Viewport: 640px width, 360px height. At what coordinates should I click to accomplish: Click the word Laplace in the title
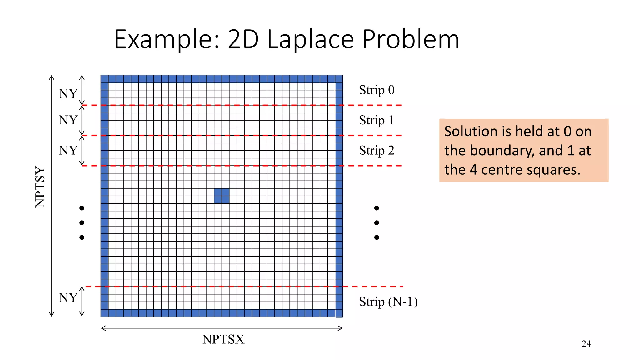[310, 39]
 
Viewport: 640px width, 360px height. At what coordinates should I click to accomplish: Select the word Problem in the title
[411, 39]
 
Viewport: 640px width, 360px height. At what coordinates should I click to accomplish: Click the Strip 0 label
[377, 90]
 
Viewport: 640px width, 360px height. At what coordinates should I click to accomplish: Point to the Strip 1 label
[376, 120]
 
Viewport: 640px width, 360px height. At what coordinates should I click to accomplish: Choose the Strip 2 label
[377, 151]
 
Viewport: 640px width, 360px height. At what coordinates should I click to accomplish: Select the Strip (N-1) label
[388, 302]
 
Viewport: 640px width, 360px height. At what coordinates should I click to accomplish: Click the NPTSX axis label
[223, 339]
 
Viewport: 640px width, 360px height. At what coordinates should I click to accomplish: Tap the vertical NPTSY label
[40, 187]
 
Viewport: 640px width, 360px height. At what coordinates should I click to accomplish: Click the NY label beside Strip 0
[68, 94]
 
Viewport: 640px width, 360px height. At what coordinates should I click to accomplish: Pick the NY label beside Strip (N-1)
[68, 298]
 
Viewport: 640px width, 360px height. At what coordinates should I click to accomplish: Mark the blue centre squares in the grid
[222, 196]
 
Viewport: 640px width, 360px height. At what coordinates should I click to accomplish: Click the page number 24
[586, 344]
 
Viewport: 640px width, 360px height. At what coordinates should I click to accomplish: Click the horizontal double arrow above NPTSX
[222, 328]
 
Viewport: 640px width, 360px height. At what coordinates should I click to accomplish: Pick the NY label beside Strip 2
[68, 151]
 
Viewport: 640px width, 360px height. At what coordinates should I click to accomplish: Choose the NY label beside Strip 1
[68, 120]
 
